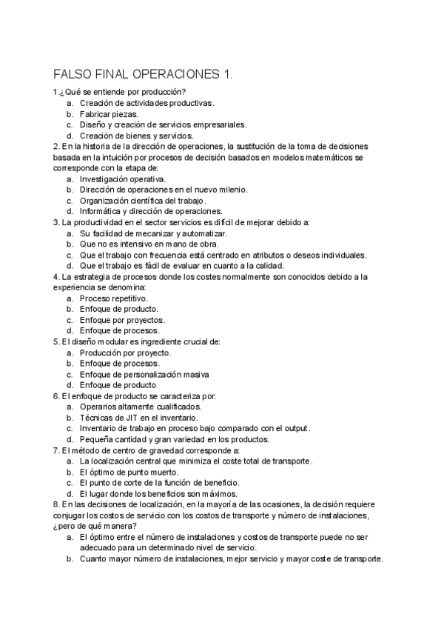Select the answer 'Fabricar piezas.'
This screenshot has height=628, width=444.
109,114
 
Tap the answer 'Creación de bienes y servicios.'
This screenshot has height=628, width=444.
136,136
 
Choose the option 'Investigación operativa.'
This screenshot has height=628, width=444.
123,178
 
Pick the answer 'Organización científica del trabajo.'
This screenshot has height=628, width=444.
143,200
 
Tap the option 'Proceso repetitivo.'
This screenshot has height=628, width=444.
112,298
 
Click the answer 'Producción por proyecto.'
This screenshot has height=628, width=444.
125,353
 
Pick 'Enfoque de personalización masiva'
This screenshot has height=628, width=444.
144,374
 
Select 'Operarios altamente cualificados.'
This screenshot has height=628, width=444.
141,407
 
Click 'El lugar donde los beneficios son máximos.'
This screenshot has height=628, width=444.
158,493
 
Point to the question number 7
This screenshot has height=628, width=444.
56,450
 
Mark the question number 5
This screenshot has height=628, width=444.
56,341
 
